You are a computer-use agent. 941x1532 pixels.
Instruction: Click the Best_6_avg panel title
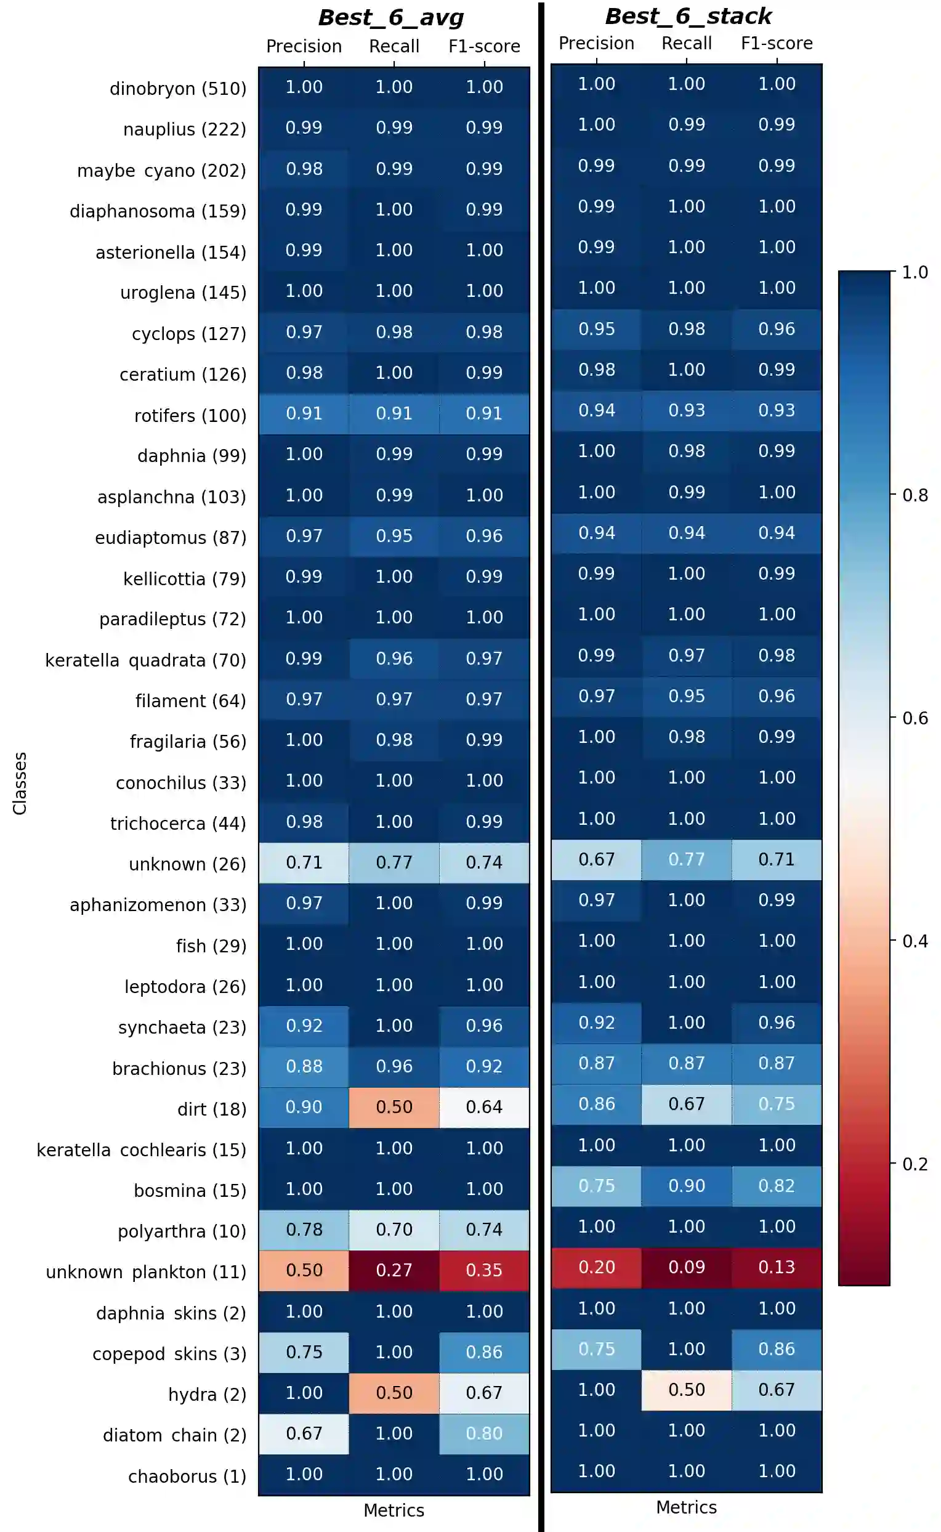[391, 17]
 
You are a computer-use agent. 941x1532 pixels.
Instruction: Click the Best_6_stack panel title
[688, 16]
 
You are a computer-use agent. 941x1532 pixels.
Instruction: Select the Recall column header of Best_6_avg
[394, 46]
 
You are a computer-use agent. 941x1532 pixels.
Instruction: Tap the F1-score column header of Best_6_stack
[777, 43]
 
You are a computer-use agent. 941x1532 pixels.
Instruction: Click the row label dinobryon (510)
[178, 89]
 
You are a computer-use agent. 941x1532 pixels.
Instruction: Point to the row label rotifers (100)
[190, 415]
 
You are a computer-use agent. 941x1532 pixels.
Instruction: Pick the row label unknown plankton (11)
[145, 1272]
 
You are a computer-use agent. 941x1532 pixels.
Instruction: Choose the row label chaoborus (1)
[187, 1476]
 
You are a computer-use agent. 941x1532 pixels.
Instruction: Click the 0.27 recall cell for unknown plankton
[394, 1270]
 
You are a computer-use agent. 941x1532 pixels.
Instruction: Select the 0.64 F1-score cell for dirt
[484, 1107]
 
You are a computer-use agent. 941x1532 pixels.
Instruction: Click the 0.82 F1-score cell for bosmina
[777, 1185]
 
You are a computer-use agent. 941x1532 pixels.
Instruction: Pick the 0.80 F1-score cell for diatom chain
[484, 1433]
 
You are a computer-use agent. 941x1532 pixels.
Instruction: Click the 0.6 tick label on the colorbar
[915, 718]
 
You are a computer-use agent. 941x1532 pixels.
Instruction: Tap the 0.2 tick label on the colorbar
[915, 1164]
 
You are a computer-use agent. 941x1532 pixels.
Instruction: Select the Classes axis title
[20, 782]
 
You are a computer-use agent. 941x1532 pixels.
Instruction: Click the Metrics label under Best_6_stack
[687, 1507]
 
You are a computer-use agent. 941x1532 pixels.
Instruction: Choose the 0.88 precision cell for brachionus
[304, 1066]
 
